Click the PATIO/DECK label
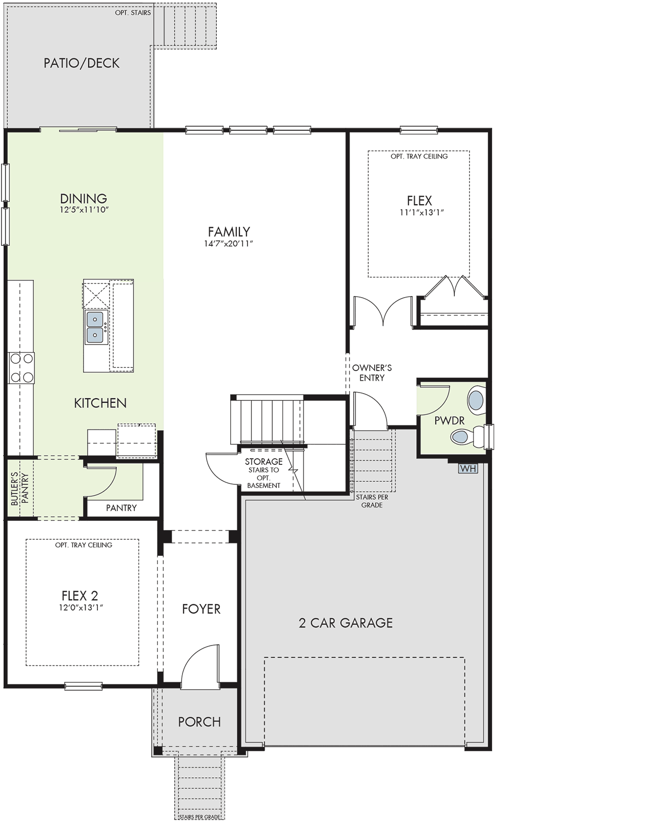tap(82, 63)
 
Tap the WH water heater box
tap(468, 468)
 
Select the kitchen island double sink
tap(95, 327)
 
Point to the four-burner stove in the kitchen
tap(22, 368)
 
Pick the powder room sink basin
tap(476, 400)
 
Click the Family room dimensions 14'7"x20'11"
tap(229, 244)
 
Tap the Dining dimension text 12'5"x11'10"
tap(84, 210)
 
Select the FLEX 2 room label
tap(80, 595)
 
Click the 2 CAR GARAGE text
tap(346, 623)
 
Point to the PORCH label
tap(199, 722)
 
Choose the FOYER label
tap(201, 609)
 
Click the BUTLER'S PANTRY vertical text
tap(20, 488)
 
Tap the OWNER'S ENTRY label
tap(372, 373)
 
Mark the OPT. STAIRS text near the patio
tap(133, 13)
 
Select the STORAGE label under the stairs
tap(263, 461)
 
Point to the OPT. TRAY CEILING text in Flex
tap(419, 156)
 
